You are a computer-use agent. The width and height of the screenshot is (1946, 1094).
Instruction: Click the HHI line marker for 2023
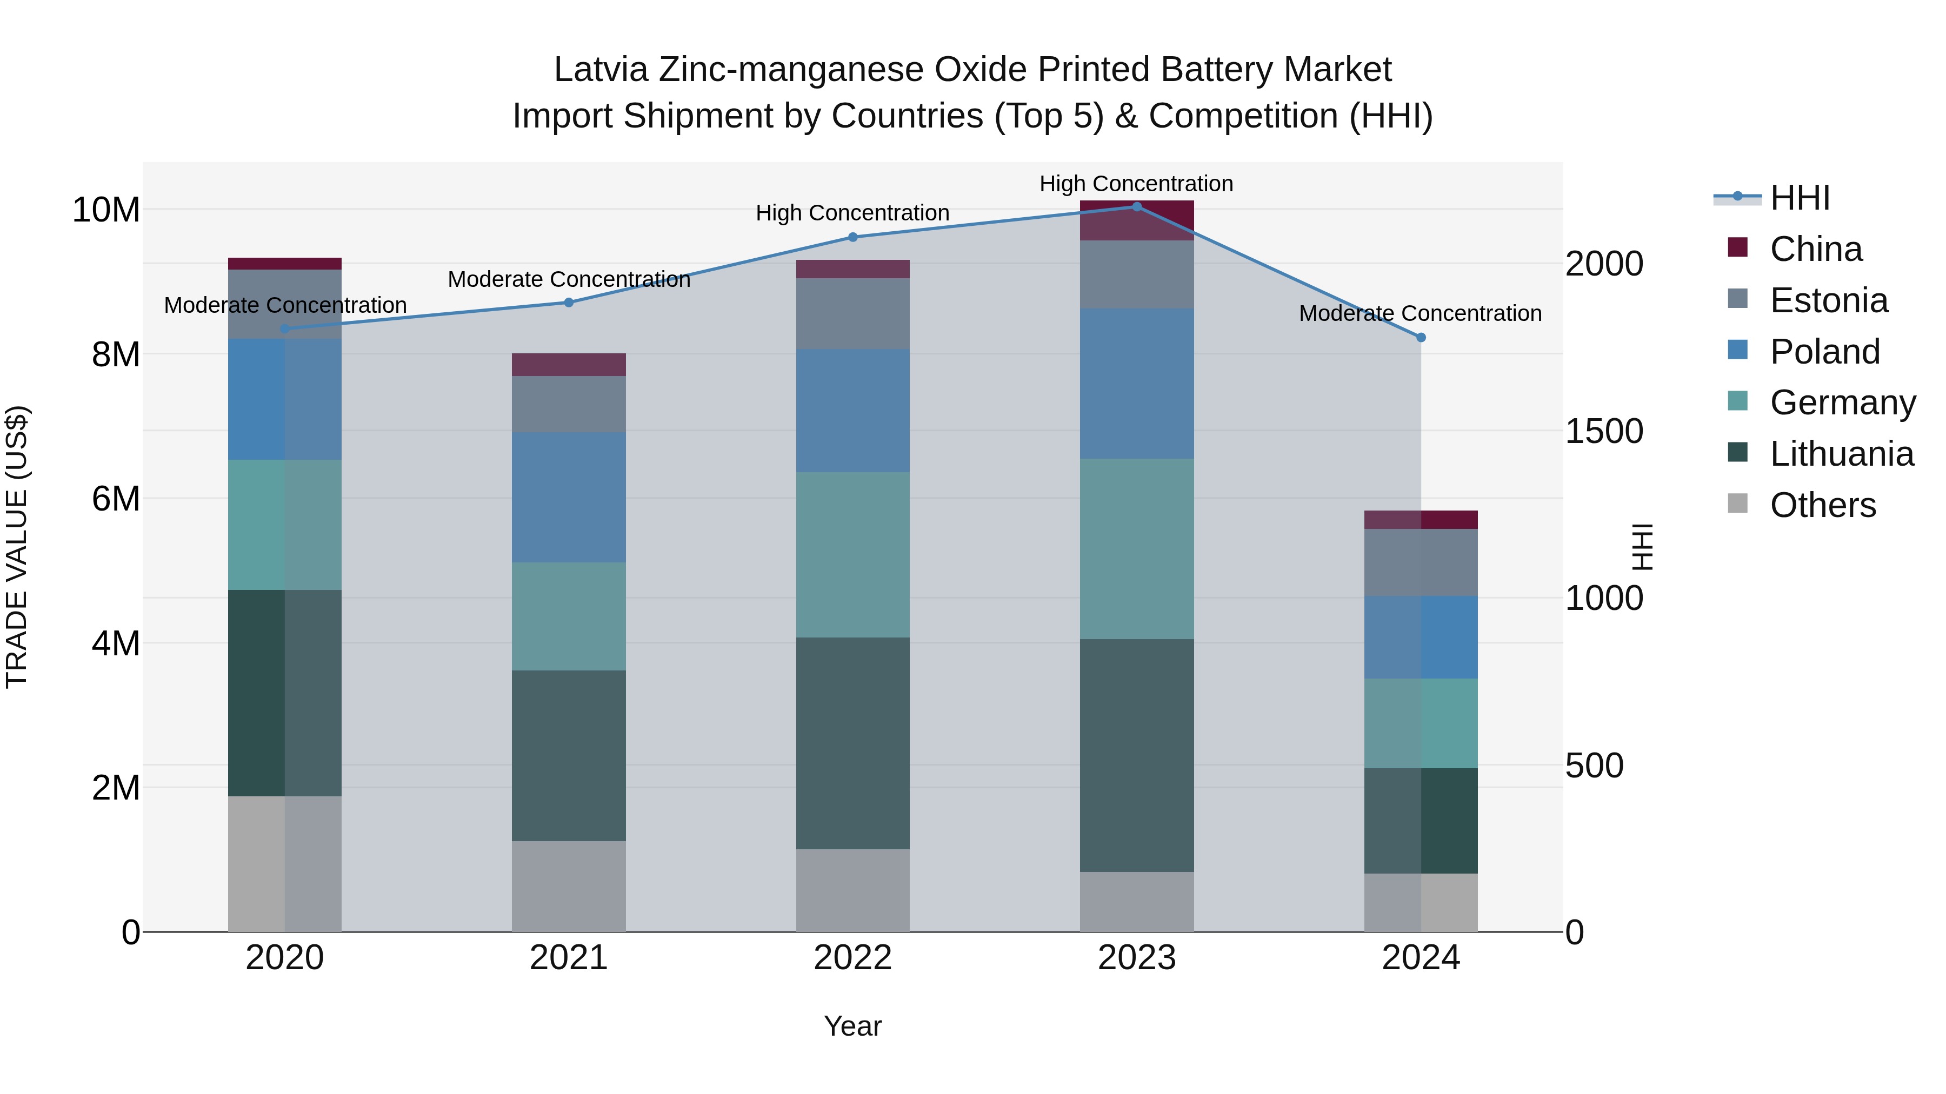click(1136, 207)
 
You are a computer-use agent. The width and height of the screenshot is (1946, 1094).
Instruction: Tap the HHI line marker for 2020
click(285, 328)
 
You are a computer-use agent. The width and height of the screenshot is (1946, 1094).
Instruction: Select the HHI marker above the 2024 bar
click(1420, 338)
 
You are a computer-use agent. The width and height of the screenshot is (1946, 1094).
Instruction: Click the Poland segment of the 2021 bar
click(569, 497)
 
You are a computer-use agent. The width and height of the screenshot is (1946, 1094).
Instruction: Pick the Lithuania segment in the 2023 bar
click(1136, 755)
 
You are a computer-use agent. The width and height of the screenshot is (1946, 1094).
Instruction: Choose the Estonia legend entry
click(1828, 300)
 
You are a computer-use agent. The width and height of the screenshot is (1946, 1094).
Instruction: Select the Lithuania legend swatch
click(1737, 453)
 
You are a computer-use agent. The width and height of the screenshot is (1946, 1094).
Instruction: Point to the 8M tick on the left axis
click(115, 354)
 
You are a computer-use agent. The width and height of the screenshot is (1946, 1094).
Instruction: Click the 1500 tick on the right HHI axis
click(1604, 431)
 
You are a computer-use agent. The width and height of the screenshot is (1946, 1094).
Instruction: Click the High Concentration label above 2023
click(1136, 184)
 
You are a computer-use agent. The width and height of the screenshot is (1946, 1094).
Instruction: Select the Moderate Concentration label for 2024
click(1419, 313)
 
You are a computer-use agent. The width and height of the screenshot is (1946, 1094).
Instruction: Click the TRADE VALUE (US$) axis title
click(17, 547)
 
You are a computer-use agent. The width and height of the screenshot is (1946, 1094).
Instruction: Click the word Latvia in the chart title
click(601, 70)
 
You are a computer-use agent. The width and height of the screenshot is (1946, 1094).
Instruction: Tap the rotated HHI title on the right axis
click(1641, 547)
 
